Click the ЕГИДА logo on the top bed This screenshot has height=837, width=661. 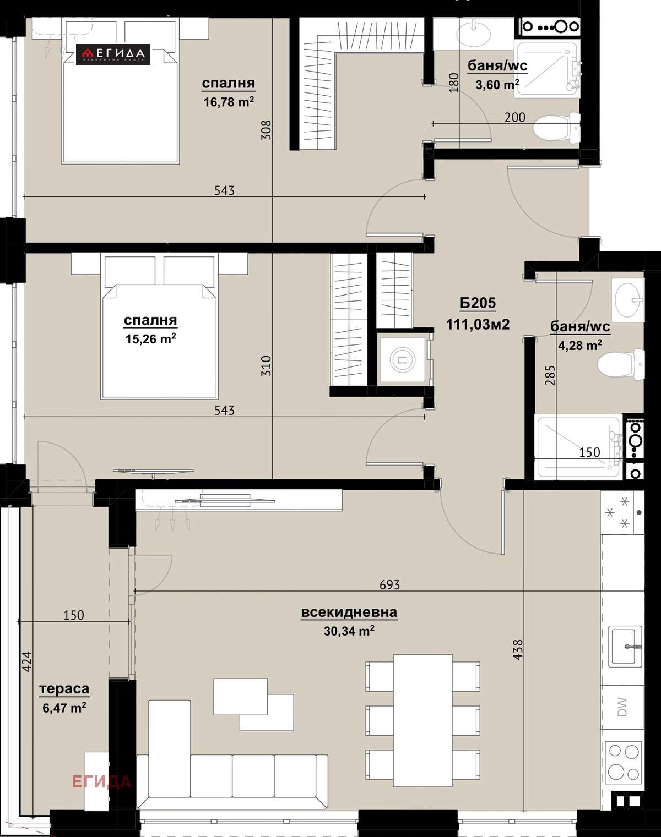pyautogui.click(x=113, y=53)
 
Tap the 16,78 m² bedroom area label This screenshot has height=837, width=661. pyautogui.click(x=228, y=102)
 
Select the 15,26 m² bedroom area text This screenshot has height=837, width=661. pyautogui.click(x=150, y=339)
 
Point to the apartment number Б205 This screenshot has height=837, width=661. pyautogui.click(x=478, y=303)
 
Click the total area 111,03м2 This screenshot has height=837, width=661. pyautogui.click(x=478, y=324)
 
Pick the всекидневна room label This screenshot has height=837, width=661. pyautogui.click(x=349, y=612)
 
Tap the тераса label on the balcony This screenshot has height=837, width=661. pyautogui.click(x=64, y=689)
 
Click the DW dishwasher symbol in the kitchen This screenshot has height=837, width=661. pyautogui.click(x=622, y=707)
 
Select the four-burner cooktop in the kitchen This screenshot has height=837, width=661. pyautogui.click(x=624, y=762)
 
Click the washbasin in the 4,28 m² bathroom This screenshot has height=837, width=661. pyautogui.click(x=628, y=300)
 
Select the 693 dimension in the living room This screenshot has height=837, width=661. pyautogui.click(x=389, y=584)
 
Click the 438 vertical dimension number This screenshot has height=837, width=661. pyautogui.click(x=518, y=650)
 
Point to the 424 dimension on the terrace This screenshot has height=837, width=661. pyautogui.click(x=27, y=661)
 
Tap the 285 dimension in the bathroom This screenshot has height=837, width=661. pyautogui.click(x=550, y=375)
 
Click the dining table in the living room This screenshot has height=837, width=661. pyautogui.click(x=422, y=720)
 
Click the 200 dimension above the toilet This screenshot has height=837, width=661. pyautogui.click(x=514, y=117)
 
